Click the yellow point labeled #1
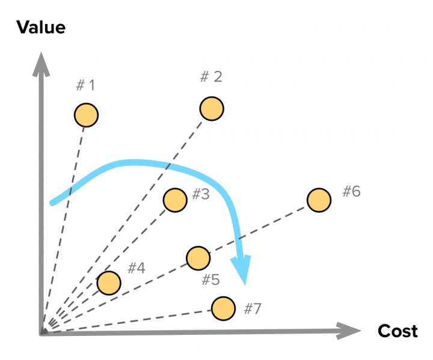tap(86, 115)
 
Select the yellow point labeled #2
tap(212, 109)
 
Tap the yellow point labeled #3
tap(175, 200)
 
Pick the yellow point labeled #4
tap(109, 283)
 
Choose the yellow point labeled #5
tap(198, 258)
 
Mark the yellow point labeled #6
tap(319, 200)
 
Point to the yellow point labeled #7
tap(223, 308)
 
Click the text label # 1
tap(85, 85)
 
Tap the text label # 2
tap(211, 76)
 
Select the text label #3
tap(201, 194)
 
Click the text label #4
tap(137, 268)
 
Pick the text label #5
tap(210, 279)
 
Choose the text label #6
tap(352, 191)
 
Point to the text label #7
tap(253, 308)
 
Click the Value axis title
tap(41, 27)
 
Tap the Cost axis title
tap(398, 331)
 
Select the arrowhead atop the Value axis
tap(41, 64)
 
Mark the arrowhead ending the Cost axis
tap(348, 331)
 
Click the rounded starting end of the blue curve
tap(52, 203)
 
